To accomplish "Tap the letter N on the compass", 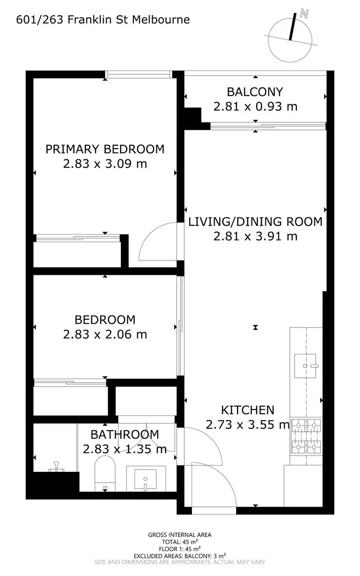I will point(303,14).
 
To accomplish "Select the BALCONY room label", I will point(255,91).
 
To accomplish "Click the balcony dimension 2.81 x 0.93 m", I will point(255,106).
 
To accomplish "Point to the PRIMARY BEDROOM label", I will point(105,149).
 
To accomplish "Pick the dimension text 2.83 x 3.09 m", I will point(105,164).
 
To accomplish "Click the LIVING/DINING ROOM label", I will point(255,222).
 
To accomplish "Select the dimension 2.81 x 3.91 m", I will point(255,236).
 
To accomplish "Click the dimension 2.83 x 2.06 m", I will point(105,334).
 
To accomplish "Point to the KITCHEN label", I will point(247,410).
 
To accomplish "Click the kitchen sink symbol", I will point(306,366).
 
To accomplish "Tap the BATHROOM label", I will point(124,435).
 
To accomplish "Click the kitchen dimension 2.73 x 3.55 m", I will point(247,425).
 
